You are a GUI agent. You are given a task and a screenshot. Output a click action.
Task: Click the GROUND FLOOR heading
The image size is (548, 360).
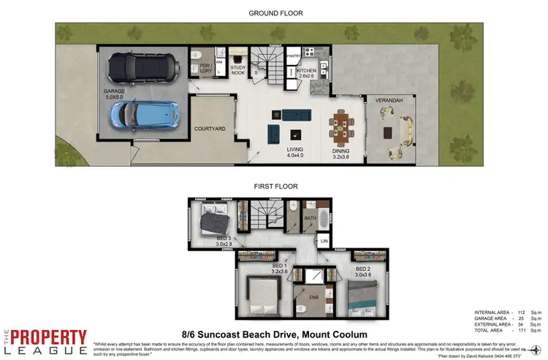click(275, 13)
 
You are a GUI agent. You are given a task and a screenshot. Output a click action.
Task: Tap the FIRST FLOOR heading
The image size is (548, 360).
click(275, 187)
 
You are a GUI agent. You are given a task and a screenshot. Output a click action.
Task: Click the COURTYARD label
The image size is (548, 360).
click(210, 129)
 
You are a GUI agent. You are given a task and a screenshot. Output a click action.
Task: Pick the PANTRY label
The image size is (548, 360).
click(294, 55)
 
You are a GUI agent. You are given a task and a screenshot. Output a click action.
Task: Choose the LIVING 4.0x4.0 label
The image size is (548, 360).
click(295, 151)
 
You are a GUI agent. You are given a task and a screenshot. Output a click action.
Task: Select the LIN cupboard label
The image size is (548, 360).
click(324, 241)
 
